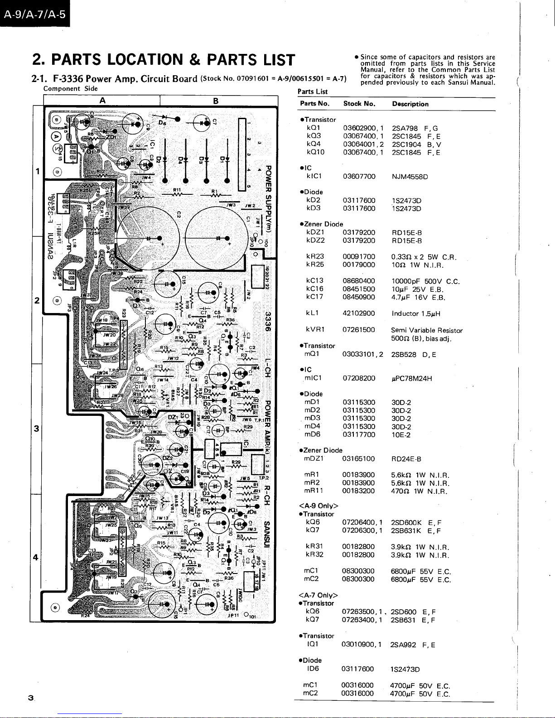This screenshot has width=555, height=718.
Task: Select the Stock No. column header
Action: [359, 104]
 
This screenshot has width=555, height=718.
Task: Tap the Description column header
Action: [410, 104]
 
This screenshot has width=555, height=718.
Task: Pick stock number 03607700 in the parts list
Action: [359, 176]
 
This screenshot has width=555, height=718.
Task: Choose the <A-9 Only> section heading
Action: [319, 506]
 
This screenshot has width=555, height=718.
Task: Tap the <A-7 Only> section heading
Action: [319, 595]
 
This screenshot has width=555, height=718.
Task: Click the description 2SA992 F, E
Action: [412, 645]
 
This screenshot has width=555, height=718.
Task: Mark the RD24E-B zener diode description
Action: [406, 458]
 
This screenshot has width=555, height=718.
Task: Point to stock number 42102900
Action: [359, 313]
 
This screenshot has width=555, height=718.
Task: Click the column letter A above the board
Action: [103, 101]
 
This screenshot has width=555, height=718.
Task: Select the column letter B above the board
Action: [216, 101]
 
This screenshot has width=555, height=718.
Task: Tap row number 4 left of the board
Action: [36, 557]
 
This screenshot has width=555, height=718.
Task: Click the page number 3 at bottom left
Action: [30, 698]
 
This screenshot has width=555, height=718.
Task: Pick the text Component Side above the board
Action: [71, 89]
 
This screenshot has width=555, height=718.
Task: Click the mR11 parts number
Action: [314, 491]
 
